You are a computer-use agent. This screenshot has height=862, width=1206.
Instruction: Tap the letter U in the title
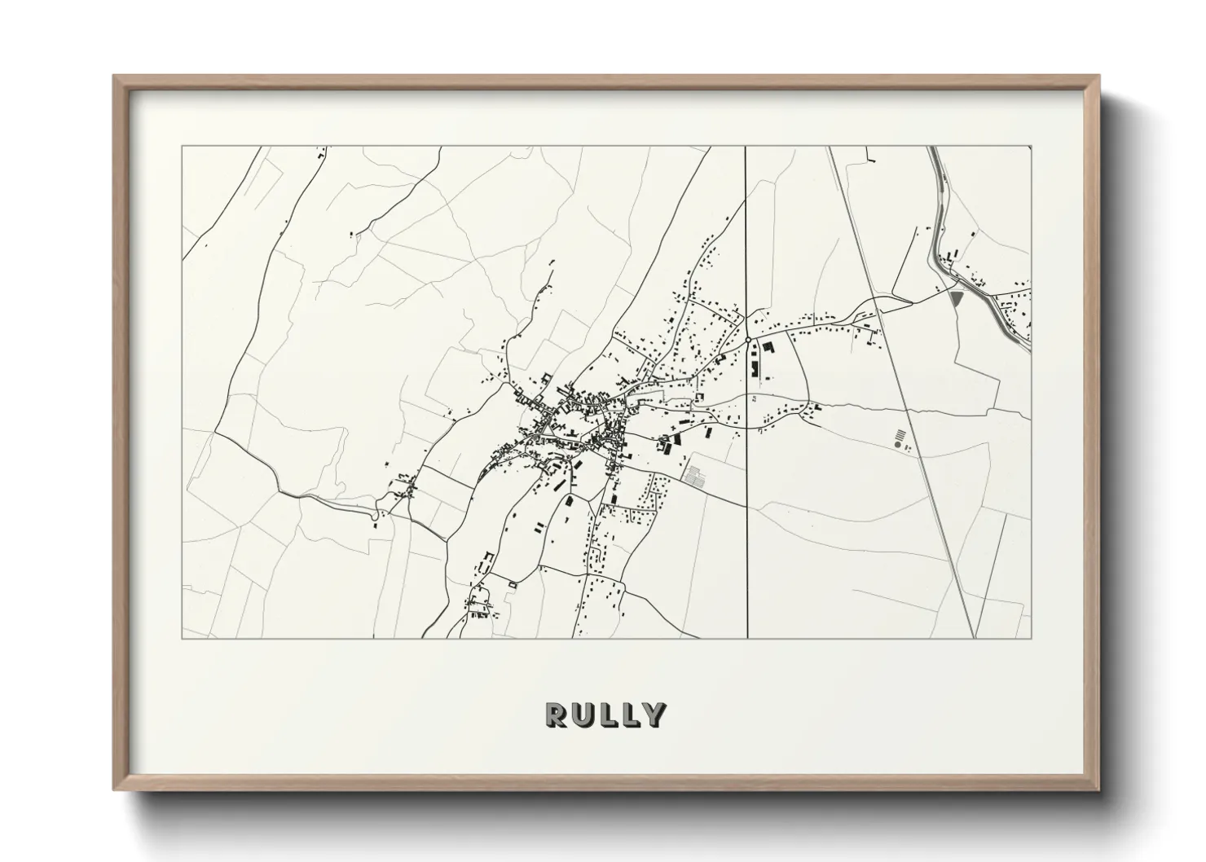(582, 715)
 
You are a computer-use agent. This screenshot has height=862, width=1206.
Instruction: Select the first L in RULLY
(606, 715)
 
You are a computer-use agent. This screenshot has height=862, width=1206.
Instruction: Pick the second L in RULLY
(628, 715)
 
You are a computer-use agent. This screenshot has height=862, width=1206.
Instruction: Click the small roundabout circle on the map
(747, 340)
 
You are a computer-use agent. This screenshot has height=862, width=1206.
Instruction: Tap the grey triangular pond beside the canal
(957, 298)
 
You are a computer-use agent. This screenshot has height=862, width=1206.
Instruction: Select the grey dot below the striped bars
(897, 446)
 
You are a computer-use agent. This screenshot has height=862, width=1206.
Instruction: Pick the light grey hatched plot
(693, 477)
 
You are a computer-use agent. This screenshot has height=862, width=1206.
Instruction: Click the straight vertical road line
(747, 530)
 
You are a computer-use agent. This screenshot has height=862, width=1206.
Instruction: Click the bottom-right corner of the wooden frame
(1099, 789)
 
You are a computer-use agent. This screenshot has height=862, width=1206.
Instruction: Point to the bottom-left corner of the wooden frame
(114, 789)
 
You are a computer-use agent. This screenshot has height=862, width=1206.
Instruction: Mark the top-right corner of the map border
(1031, 147)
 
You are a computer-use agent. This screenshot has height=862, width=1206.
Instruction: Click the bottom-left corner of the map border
(182, 639)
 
